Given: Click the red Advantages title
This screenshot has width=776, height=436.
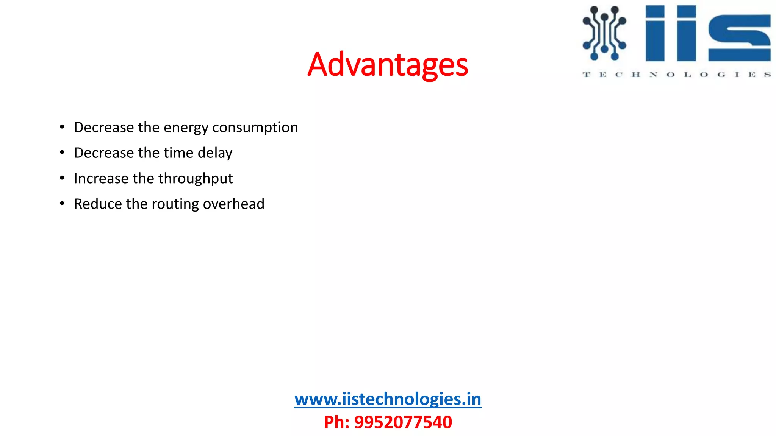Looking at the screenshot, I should click(388, 65).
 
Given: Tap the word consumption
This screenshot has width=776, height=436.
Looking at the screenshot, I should click(255, 128).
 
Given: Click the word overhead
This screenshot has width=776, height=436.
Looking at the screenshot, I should click(233, 204).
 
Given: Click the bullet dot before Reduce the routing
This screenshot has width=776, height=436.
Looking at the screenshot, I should click(62, 204).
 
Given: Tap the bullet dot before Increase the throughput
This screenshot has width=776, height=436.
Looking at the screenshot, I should click(62, 178).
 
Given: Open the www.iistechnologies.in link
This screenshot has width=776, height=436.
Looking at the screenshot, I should click(388, 399).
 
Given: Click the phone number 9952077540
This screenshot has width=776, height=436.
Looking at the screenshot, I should click(403, 422).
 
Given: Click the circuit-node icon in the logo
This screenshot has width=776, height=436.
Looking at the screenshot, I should click(604, 33).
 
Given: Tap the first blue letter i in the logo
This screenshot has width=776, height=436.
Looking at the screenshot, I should click(655, 33).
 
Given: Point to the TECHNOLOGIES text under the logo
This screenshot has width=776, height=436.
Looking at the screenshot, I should click(676, 75).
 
